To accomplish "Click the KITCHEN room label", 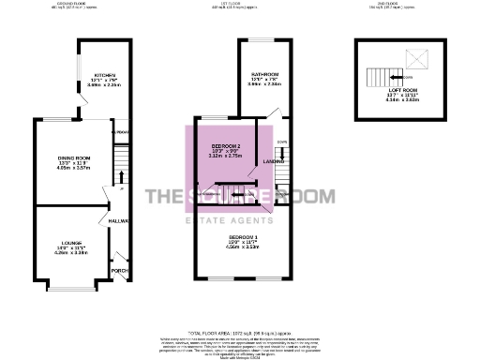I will tap(103, 75).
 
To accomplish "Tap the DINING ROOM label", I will tap(73, 158).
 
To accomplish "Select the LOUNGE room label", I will tap(71, 242).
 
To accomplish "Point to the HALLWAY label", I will tap(118, 221).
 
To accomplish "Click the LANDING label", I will tap(274, 162).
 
